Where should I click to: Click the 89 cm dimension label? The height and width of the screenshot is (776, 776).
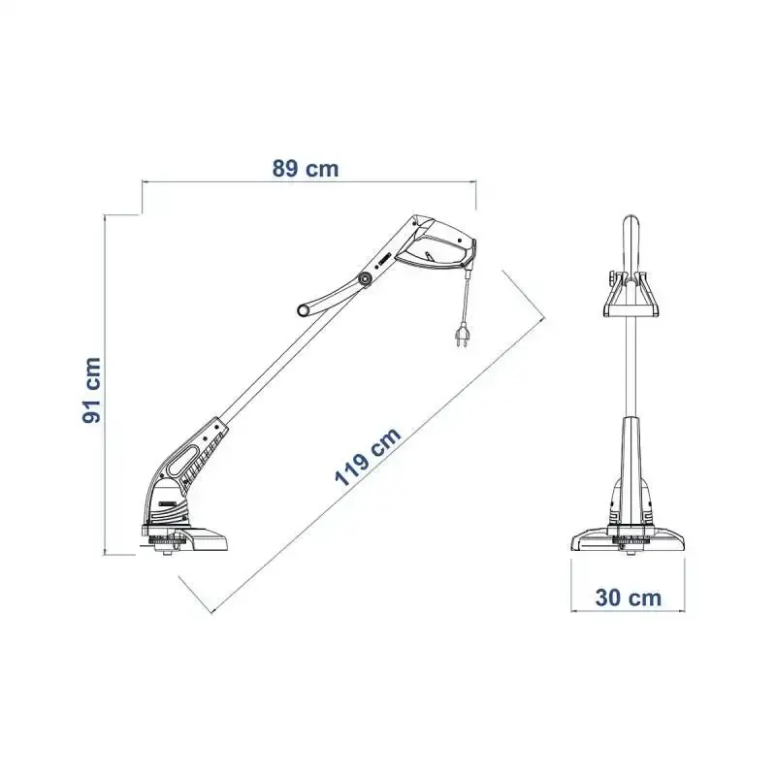coord(306,169)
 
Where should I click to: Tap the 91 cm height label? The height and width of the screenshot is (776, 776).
coord(92,390)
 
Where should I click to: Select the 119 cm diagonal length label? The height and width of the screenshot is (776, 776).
coord(368,456)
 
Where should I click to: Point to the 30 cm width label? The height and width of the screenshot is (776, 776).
coord(628,598)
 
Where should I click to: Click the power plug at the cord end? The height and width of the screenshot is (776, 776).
coord(462,335)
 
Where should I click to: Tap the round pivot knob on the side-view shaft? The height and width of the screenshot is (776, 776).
coord(366,280)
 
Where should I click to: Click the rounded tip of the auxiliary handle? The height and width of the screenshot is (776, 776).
coord(303,310)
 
